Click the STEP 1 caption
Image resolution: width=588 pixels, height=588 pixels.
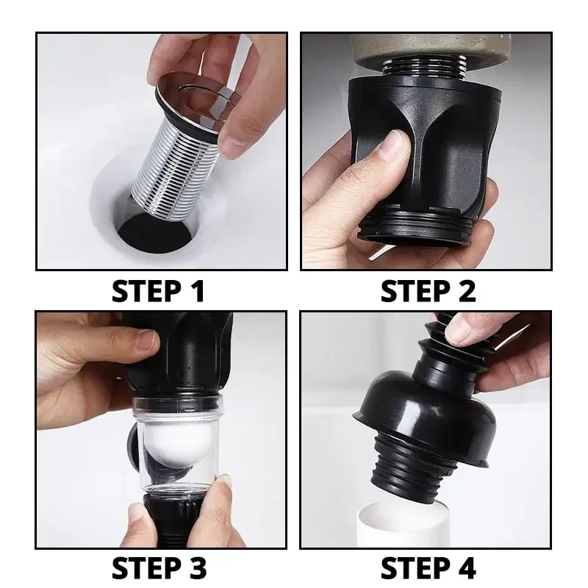click(158, 291)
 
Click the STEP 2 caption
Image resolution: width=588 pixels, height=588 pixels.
click(428, 291)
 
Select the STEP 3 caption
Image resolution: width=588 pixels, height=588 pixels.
click(158, 568)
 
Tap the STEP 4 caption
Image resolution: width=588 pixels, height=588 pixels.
click(428, 568)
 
